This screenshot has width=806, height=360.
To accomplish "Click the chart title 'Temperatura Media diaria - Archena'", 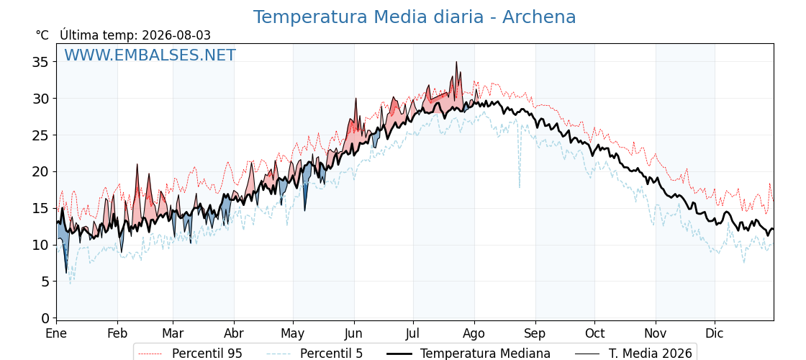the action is click(x=415, y=17).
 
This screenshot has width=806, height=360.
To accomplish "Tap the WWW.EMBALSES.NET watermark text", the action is click(x=150, y=55).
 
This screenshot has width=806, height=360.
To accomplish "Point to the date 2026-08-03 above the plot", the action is click(x=176, y=35).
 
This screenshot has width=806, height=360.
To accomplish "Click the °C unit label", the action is click(x=42, y=35).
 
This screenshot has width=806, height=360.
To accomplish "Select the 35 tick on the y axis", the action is click(x=40, y=62).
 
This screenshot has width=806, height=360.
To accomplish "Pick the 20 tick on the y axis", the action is click(x=40, y=172).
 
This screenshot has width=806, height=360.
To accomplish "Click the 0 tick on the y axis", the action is click(x=45, y=318).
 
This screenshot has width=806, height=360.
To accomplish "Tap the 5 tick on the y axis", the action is click(x=45, y=282).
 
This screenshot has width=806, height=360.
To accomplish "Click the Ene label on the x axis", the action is click(x=57, y=333).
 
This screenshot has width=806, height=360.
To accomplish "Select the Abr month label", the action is click(x=234, y=333).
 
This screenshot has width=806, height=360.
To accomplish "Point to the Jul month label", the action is click(x=413, y=333).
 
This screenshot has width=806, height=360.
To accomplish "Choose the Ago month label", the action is click(x=474, y=333).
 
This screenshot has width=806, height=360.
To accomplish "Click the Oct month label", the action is click(x=594, y=333).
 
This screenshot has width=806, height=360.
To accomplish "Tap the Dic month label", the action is click(x=715, y=333).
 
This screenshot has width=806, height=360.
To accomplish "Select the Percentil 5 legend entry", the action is click(x=314, y=354).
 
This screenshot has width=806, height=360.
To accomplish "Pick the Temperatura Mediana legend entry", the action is click(x=468, y=354).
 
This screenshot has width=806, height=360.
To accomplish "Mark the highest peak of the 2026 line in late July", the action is click(x=456, y=62).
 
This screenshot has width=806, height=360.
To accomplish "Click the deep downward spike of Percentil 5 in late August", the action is click(x=519, y=187).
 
